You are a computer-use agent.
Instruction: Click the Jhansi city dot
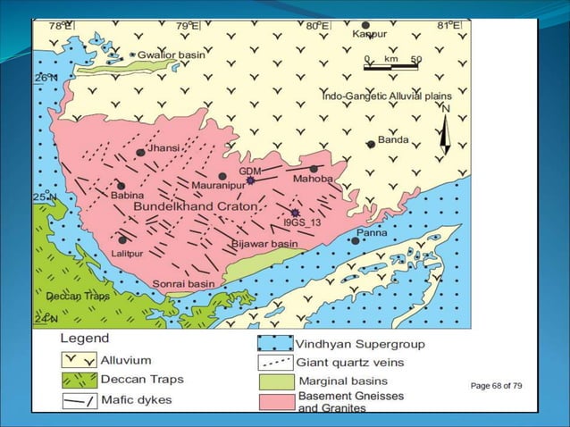tap(140, 153)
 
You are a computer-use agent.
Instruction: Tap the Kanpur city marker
tap(365, 25)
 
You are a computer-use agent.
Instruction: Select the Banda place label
tap(393, 139)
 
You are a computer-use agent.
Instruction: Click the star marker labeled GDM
tap(251, 180)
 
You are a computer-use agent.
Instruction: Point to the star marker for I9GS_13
tap(295, 213)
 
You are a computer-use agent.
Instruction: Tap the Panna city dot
tap(356, 240)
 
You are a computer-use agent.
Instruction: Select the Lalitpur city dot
tap(122, 239)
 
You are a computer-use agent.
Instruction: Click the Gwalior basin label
tap(172, 54)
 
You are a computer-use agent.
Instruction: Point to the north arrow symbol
tap(445, 130)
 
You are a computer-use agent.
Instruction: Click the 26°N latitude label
tap(45, 78)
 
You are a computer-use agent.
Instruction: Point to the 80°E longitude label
tap(316, 26)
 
